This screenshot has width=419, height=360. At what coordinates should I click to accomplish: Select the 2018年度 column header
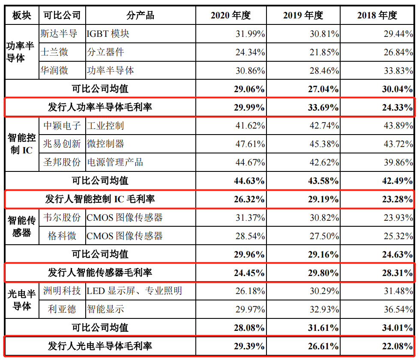[377, 15]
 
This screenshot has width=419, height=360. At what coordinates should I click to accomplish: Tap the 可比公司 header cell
[62, 15]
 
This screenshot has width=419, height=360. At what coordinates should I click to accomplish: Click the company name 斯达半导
[58, 33]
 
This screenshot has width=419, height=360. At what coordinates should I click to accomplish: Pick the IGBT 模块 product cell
[108, 33]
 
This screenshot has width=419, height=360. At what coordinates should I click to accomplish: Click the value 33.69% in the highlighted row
[324, 108]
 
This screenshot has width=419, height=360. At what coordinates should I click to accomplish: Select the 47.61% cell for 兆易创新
[250, 144]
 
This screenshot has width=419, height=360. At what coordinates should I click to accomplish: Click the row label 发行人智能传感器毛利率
[100, 273]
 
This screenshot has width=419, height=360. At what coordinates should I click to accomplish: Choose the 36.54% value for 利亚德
[398, 309]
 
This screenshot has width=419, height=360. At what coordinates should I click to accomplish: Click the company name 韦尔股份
[62, 218]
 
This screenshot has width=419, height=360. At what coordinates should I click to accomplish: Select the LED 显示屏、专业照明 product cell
[134, 291]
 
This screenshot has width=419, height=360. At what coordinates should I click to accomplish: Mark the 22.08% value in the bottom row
[398, 346]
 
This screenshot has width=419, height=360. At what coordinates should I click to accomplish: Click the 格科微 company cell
[62, 236]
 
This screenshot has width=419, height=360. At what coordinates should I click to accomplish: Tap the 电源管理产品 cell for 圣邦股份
[115, 162]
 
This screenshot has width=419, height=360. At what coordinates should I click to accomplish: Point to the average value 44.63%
[249, 181]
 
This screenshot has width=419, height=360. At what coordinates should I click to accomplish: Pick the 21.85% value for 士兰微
[325, 52]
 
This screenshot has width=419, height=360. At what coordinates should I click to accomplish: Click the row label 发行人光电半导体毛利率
[100, 346]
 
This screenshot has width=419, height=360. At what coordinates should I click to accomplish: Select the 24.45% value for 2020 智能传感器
[249, 273]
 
